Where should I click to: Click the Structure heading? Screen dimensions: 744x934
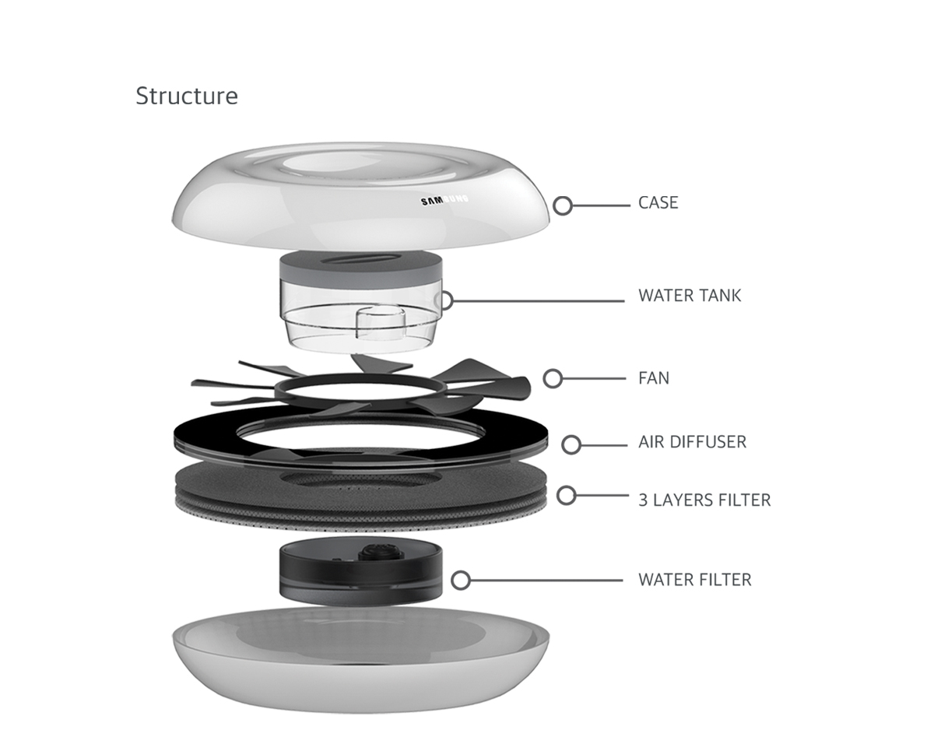[x=187, y=96]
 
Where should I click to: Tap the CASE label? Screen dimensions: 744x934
[x=658, y=203]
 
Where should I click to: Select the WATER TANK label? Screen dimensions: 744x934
[x=690, y=296]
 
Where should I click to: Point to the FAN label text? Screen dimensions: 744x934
[x=654, y=379]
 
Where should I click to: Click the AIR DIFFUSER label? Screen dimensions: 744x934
[x=692, y=442]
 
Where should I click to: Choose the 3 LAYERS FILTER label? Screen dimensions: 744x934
[x=704, y=500]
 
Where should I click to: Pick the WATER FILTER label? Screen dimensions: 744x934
[x=694, y=580]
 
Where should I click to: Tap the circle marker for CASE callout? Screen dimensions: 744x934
[x=563, y=205]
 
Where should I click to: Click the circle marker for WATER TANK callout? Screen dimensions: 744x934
[x=444, y=300]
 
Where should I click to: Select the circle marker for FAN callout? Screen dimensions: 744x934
[x=553, y=378]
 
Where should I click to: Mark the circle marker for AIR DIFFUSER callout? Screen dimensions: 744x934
[x=571, y=444]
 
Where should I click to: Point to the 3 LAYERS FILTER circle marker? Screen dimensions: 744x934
[x=566, y=495]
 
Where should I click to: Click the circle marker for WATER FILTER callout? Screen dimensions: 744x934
[x=461, y=580]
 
